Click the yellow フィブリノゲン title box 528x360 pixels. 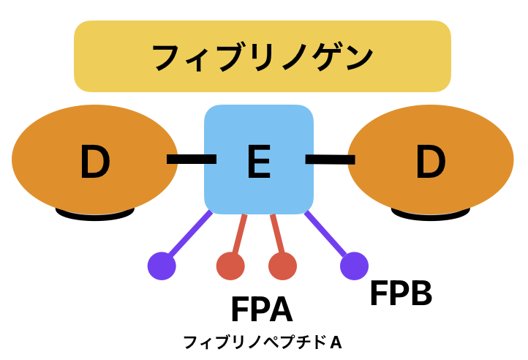tap(262, 56)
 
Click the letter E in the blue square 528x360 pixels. tap(259, 162)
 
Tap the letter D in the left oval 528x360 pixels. tap(94, 162)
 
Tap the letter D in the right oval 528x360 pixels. tap(430, 162)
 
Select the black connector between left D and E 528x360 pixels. tap(192, 158)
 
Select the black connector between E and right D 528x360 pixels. tap(330, 159)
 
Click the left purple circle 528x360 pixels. tap(162, 266)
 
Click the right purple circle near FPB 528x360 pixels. tap(354, 266)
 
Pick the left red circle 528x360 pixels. tap(230, 266)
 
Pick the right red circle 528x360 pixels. tap(282, 266)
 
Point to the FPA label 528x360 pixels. tap(261, 310)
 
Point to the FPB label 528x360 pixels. tap(400, 294)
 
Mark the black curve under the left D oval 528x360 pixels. tap(95, 215)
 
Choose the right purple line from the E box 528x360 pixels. tap(327, 234)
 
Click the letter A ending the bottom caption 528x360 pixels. tap(336, 342)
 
